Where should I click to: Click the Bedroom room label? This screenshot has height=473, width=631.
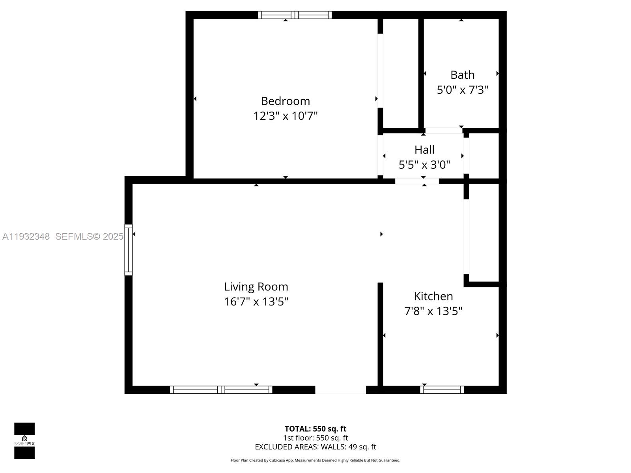coord(285,101)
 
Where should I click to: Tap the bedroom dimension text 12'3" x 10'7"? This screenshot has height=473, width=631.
coord(285,116)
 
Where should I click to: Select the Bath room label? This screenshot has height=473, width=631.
coord(462,74)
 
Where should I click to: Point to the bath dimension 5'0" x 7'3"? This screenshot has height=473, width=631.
coord(462,90)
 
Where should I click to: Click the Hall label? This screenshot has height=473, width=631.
coord(424,149)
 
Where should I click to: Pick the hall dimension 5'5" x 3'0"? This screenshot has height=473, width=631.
coord(424,164)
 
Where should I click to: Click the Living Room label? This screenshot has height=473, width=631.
coord(256,287)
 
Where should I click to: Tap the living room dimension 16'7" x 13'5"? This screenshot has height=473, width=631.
coord(256,302)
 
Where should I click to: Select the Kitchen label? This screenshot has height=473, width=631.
coord(433,296)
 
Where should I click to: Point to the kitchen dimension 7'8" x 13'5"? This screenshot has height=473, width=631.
coord(433,311)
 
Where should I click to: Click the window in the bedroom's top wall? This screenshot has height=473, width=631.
coord(295,15)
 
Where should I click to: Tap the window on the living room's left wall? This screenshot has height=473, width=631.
coord(129,250)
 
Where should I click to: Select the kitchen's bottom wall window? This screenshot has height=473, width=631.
coord(442,390)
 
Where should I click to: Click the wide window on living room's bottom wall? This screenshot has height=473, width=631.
coord(221,390)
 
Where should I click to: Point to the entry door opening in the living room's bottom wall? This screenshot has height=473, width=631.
coord(340,390)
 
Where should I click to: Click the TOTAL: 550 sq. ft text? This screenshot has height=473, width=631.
coord(315,428)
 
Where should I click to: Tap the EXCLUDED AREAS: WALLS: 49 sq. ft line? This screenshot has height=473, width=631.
coord(315,447)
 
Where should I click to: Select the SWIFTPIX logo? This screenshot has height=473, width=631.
coord(24,441)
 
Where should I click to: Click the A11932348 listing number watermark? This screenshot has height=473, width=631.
coord(26,236)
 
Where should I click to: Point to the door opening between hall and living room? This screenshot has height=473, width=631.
coord(417,181)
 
